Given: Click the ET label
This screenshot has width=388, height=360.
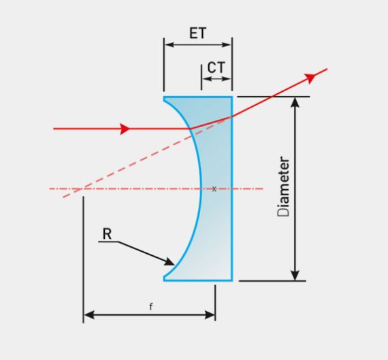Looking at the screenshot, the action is [x=197, y=33].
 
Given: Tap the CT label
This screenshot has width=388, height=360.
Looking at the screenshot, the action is [x=216, y=67].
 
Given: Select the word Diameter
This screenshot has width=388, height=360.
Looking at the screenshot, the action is [x=283, y=186].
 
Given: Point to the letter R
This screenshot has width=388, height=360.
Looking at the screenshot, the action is [x=107, y=234].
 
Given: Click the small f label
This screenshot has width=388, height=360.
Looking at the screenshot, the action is [x=151, y=306].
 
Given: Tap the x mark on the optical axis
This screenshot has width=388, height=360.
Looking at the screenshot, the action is [x=214, y=189].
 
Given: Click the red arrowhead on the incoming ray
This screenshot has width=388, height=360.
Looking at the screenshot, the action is [x=125, y=129].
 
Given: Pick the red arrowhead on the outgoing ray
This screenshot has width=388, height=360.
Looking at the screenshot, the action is [x=310, y=78].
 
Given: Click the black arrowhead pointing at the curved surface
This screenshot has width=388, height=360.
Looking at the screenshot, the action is [x=169, y=262].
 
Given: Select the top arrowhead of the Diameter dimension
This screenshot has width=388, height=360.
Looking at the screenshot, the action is [x=295, y=102].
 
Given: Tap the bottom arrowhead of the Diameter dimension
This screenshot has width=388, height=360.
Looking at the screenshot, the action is [x=295, y=276].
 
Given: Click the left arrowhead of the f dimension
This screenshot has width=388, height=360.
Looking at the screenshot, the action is [x=89, y=315].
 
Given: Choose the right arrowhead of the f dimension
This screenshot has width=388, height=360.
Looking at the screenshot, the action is [x=210, y=315].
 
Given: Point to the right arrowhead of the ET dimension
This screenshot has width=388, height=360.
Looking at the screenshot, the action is [x=227, y=45].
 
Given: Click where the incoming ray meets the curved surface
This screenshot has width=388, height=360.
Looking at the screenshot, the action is [x=190, y=129].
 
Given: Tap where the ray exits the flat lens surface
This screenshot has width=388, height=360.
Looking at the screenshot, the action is [x=232, y=116].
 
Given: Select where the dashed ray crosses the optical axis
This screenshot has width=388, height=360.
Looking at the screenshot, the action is [x=80, y=189].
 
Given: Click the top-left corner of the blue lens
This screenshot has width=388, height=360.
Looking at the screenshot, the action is [x=164, y=97].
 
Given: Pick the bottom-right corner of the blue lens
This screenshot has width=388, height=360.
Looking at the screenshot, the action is [x=232, y=281].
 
